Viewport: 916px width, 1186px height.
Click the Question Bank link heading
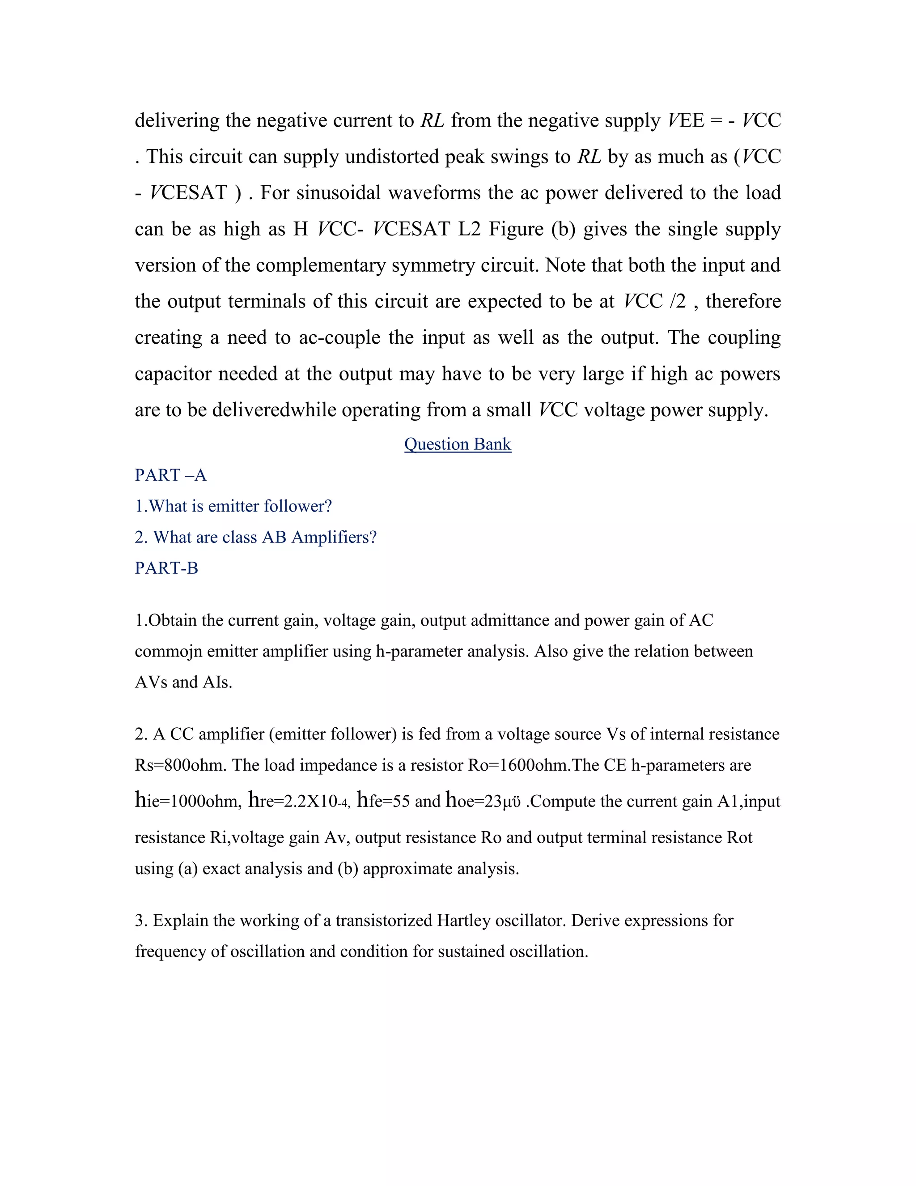point(458,444)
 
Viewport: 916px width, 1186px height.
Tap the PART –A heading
point(170,475)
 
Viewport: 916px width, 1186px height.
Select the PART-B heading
point(166,568)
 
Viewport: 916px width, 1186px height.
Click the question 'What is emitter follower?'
point(233,506)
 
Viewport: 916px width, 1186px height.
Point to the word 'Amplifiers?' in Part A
point(334,537)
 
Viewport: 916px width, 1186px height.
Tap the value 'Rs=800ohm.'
point(181,765)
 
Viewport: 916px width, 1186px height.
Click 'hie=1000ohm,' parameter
point(188,801)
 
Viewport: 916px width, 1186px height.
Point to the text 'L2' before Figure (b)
point(469,229)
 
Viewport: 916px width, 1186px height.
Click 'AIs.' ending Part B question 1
point(217,682)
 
